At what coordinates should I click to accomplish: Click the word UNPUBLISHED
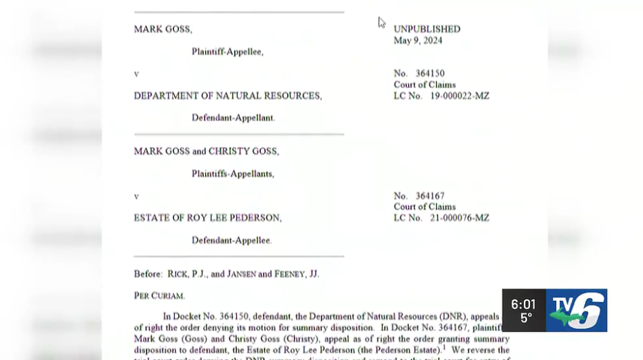click(x=427, y=29)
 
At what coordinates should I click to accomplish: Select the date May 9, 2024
click(x=418, y=41)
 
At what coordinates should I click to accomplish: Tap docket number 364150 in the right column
click(x=430, y=74)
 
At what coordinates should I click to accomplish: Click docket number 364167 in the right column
click(x=430, y=196)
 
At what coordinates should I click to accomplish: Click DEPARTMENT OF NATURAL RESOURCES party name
click(x=228, y=96)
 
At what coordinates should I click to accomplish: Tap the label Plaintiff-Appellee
click(x=227, y=52)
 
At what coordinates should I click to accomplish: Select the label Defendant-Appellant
click(x=233, y=118)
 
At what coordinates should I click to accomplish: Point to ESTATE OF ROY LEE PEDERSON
click(x=208, y=218)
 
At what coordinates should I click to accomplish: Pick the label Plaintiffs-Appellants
click(x=233, y=174)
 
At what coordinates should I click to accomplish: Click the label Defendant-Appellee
click(x=231, y=240)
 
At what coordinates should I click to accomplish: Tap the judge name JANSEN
click(x=257, y=274)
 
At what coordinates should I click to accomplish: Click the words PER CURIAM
click(x=160, y=295)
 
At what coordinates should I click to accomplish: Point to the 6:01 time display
click(x=523, y=304)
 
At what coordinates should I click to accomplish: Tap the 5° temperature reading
click(x=525, y=319)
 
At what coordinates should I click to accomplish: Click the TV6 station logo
click(x=576, y=310)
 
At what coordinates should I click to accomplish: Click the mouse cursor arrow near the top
click(x=381, y=22)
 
